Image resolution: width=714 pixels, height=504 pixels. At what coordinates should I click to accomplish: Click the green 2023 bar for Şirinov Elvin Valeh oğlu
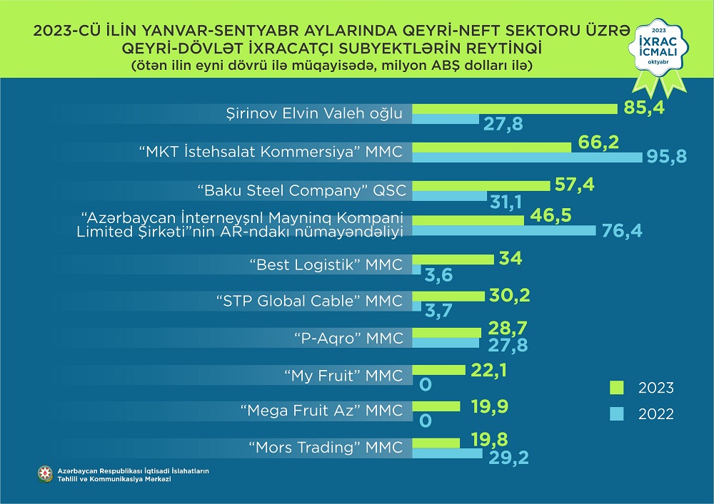[x=515, y=108]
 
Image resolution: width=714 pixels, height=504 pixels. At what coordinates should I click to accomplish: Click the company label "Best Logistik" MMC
[x=326, y=265]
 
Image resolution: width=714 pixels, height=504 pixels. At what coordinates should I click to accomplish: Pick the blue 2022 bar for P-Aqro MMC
[x=446, y=344]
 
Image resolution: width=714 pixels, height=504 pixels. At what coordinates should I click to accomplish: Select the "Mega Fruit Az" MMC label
[x=321, y=411]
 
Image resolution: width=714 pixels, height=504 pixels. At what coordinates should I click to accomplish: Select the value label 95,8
[x=667, y=156]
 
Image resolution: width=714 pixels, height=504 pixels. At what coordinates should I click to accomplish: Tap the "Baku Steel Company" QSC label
[x=301, y=190]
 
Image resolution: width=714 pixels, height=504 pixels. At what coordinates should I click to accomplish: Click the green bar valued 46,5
[x=468, y=220]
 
